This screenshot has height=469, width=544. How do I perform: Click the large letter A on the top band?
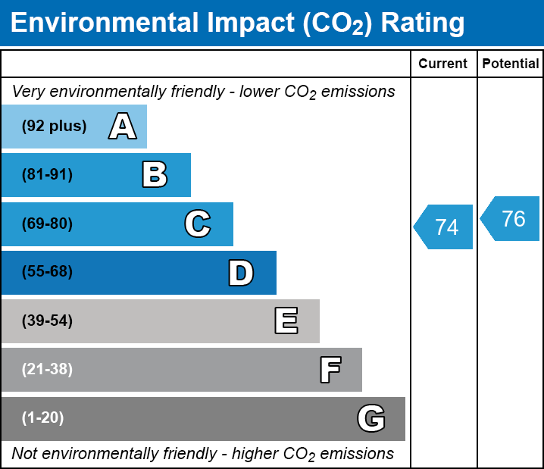coord(122,127)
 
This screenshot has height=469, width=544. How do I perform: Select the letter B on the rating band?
coord(155,175)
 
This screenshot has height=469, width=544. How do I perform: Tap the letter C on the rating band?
coord(197,224)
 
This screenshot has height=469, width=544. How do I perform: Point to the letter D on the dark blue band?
coord(241,273)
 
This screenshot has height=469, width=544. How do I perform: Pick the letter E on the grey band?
coord(286,321)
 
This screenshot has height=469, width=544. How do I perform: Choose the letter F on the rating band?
coord(330,370)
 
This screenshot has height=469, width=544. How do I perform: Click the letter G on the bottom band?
coord(371,418)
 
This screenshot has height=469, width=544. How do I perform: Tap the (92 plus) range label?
coord(54,127)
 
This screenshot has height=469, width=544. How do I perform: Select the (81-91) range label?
coord(47,175)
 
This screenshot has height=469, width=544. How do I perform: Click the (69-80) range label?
coord(47,224)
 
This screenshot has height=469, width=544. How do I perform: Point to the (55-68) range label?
coord(47,272)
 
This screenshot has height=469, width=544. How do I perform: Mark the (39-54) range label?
coord(47,321)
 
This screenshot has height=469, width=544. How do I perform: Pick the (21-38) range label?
coord(47,370)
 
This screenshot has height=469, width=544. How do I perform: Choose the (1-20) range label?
coord(42,418)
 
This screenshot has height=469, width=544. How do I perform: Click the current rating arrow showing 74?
coord(445,227)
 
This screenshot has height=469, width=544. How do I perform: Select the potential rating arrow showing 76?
coord(511,219)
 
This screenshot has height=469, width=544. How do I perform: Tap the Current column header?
coord(443,64)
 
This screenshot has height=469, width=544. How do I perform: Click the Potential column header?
coord(511,64)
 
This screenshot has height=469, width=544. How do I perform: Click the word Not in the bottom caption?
coord(24,454)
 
